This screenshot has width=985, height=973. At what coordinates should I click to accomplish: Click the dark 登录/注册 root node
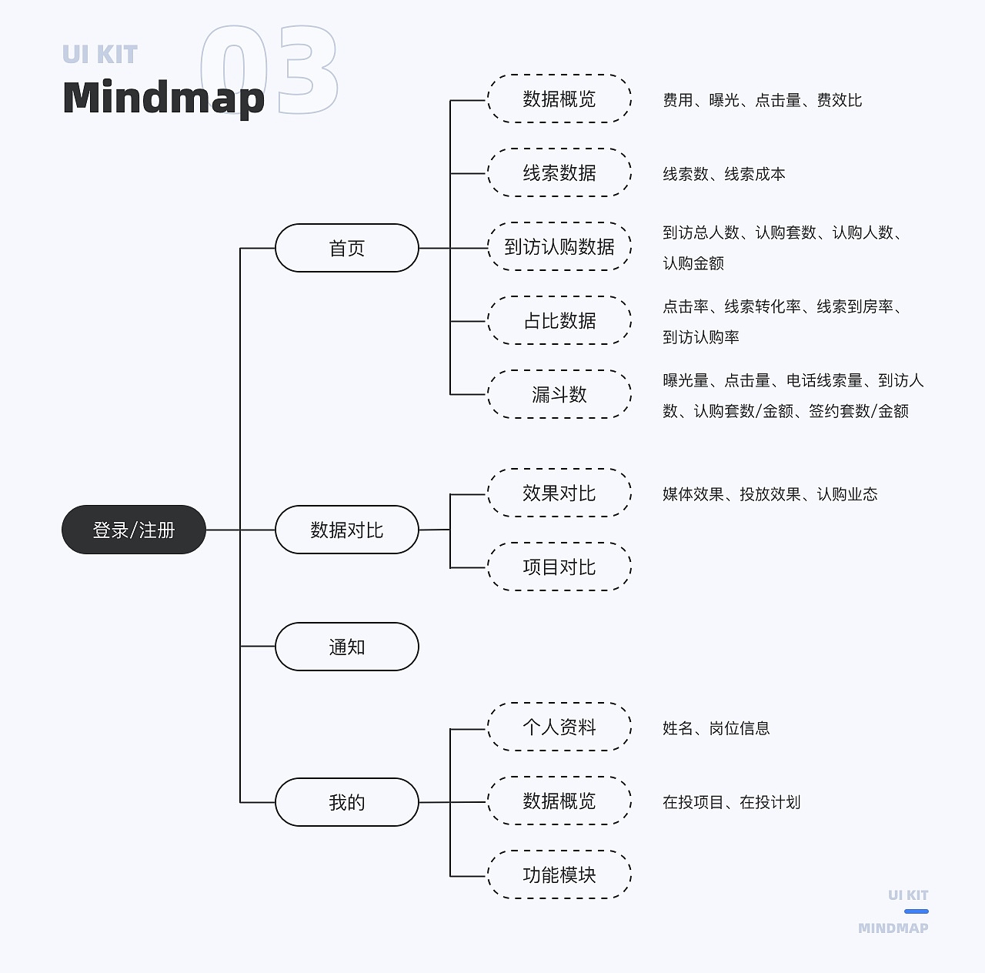(134, 530)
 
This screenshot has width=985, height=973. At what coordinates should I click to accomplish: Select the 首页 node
(347, 248)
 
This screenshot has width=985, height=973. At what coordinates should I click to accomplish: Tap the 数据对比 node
(347, 530)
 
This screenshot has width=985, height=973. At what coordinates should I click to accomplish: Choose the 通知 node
(347, 647)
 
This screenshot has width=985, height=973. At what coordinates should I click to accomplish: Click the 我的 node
(347, 802)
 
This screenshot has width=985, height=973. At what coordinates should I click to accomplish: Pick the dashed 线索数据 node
(559, 173)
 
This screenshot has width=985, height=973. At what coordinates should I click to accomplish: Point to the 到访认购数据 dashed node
(559, 247)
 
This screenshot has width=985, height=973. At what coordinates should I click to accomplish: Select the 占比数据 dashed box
(559, 320)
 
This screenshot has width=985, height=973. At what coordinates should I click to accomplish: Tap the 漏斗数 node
(559, 394)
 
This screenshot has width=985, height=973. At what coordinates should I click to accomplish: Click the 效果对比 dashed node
(559, 493)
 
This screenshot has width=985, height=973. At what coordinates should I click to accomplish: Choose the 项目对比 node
(559, 567)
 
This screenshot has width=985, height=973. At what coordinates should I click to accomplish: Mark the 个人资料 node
(559, 727)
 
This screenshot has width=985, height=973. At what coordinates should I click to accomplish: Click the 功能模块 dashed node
(559, 874)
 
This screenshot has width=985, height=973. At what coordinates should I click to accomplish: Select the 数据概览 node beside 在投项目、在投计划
(559, 801)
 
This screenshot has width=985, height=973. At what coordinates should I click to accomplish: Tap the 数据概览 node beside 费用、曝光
(559, 99)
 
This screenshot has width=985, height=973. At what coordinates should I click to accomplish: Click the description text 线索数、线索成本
(724, 174)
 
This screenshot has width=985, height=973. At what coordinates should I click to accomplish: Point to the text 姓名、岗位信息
(716, 728)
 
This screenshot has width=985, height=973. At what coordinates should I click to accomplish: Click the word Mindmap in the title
(163, 98)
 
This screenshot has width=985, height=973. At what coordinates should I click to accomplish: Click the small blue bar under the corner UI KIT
(916, 911)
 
